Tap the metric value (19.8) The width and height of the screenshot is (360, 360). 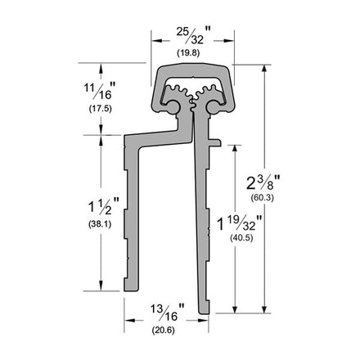click(x=190, y=52)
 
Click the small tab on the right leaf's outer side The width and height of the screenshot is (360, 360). click(x=218, y=142)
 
